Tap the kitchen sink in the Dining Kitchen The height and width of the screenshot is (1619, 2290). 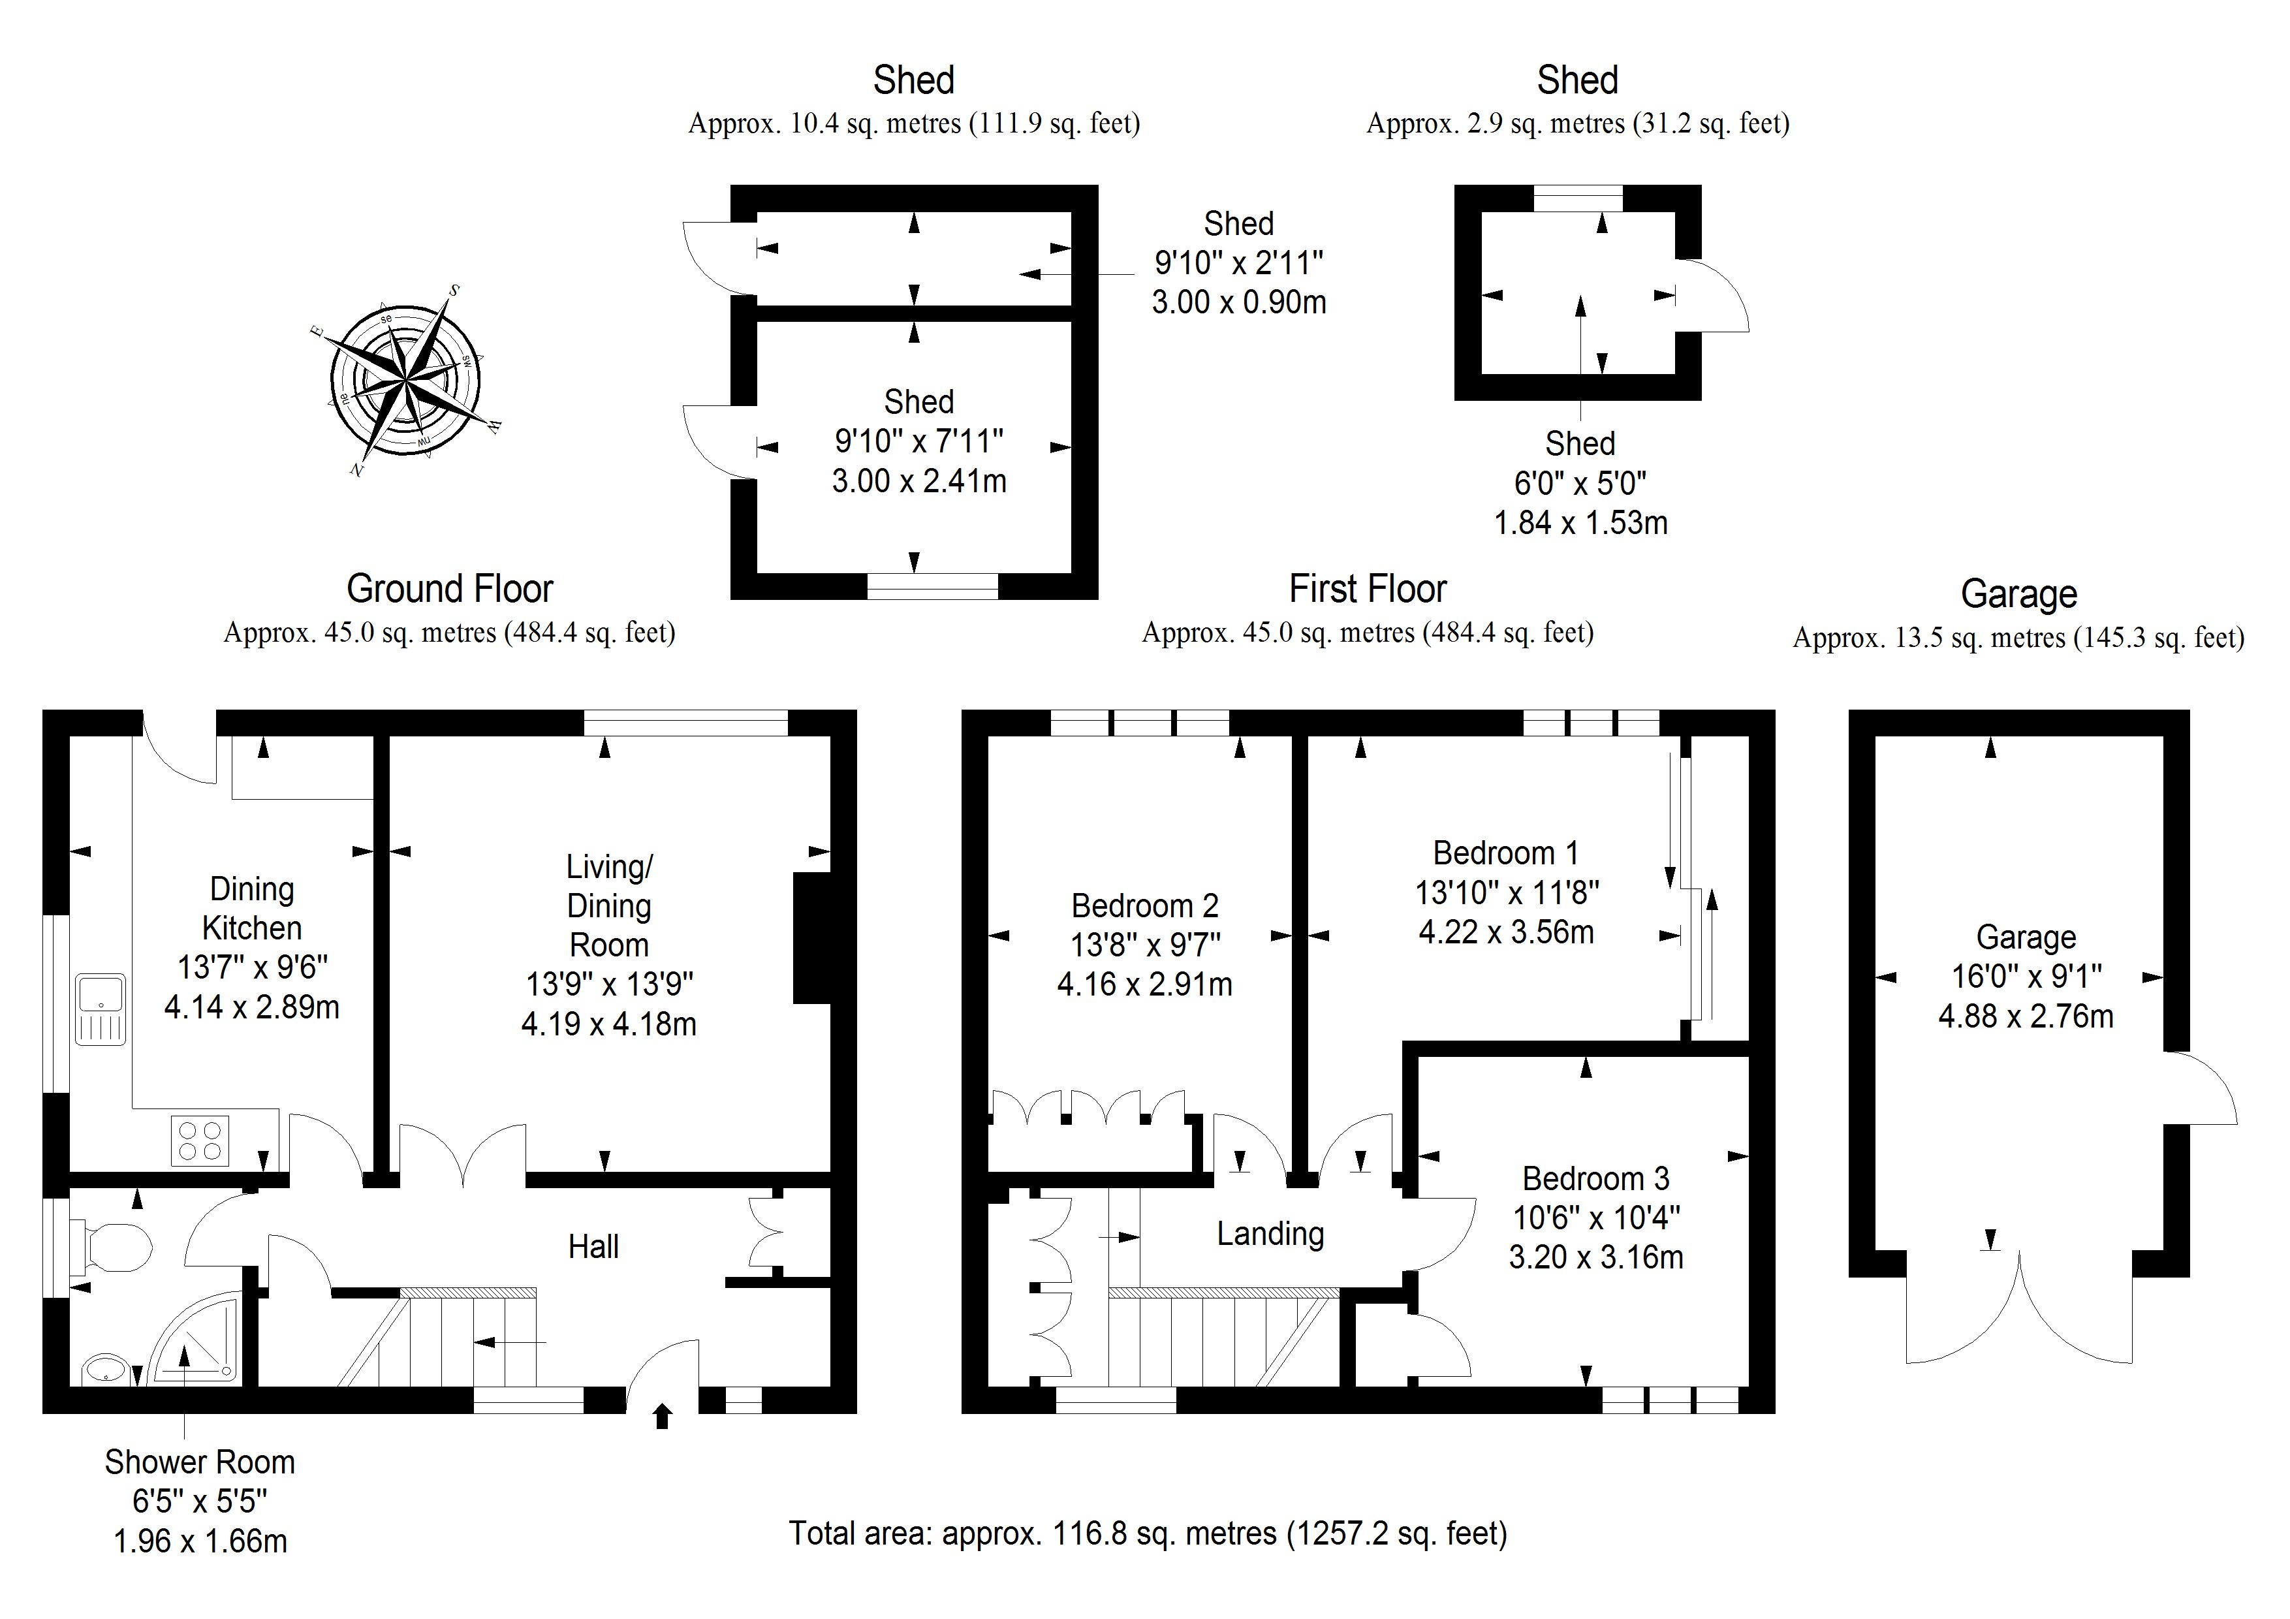(101, 1009)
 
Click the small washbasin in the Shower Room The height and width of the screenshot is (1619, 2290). (104, 1368)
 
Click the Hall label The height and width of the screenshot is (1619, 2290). (593, 1246)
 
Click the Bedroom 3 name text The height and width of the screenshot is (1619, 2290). (1596, 1178)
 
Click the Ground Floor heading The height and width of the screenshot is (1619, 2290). (450, 589)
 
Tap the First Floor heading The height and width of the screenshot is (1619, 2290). (1368, 589)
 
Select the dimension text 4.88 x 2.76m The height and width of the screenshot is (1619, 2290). (2026, 1016)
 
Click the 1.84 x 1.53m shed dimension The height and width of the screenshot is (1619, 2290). (1580, 523)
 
